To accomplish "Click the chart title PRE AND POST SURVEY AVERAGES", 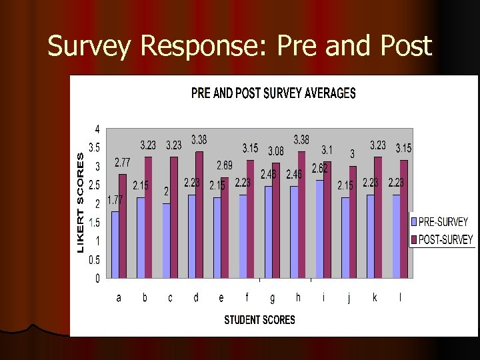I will (x=273, y=93).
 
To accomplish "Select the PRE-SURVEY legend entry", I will (x=442, y=222).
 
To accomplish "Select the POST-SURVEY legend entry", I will (x=442, y=239).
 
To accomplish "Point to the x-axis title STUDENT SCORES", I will (x=259, y=320).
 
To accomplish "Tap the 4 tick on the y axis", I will (x=97, y=129).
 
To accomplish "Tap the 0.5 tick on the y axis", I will (x=95, y=260).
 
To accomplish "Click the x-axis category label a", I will (x=119, y=298).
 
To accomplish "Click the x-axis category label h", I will (x=298, y=298).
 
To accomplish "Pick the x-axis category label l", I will (x=400, y=298).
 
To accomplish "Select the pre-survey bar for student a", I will (x=115, y=244).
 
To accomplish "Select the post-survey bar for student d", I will (x=199, y=214).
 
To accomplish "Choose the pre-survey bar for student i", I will (x=320, y=229).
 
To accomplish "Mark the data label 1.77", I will (x=115, y=199).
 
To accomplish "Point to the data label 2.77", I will (x=122, y=162).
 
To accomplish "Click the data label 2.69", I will (x=224, y=165).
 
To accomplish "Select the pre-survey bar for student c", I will (x=167, y=240).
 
